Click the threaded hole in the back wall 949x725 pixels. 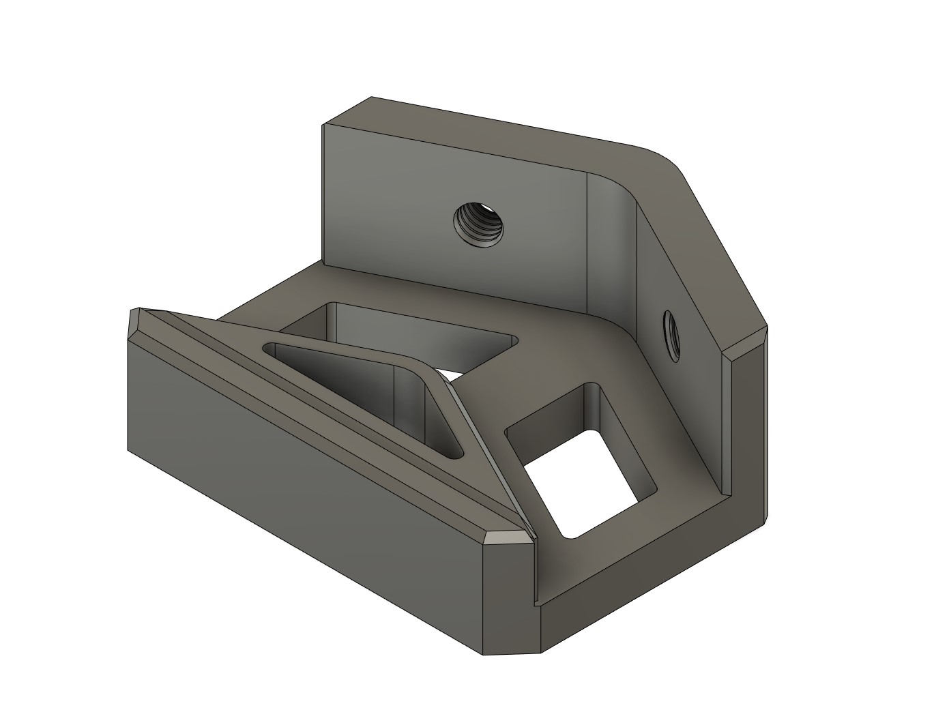(478, 225)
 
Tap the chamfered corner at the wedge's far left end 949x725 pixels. (135, 325)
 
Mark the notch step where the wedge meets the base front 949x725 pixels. (536, 573)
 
